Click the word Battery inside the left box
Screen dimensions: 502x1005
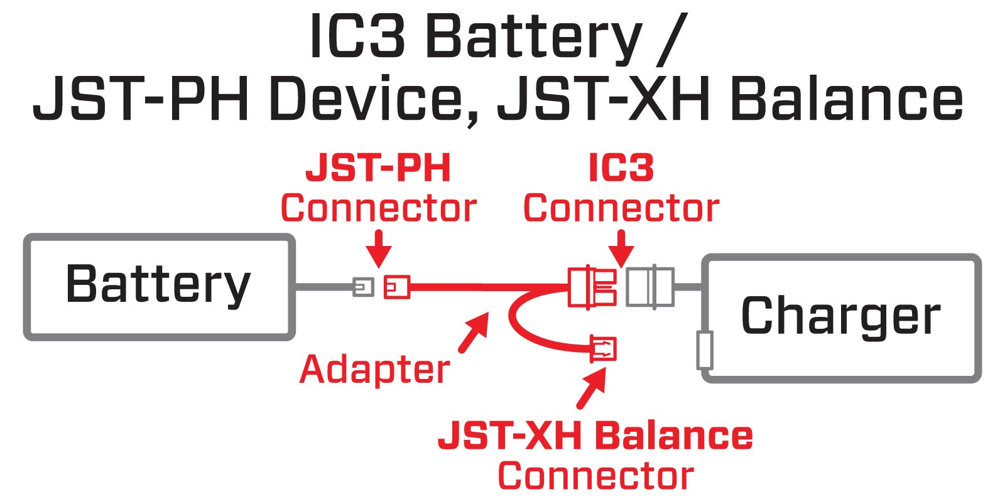click(158, 284)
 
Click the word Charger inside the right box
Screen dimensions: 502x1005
click(840, 316)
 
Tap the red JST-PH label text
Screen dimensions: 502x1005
click(378, 168)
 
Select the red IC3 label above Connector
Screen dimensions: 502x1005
click(621, 168)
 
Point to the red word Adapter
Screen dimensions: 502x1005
click(374, 369)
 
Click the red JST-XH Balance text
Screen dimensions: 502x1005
click(595, 435)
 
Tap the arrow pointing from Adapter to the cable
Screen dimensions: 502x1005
click(475, 333)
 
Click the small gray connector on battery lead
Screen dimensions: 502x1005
click(362, 287)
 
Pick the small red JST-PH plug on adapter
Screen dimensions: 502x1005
click(396, 287)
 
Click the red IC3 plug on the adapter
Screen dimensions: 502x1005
click(592, 287)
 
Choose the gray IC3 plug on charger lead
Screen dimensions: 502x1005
click(651, 287)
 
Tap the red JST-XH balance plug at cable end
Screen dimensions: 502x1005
click(603, 349)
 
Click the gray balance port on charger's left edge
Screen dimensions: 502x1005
click(705, 350)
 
